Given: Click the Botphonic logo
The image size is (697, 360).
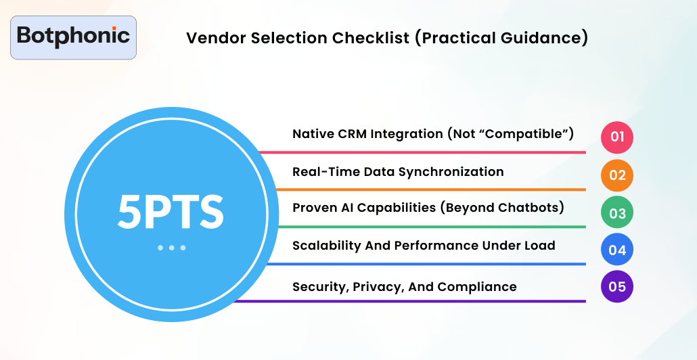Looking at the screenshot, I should [74, 37].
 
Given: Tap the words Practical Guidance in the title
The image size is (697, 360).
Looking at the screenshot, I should [501, 38].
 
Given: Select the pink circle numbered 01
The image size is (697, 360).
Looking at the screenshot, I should [617, 137].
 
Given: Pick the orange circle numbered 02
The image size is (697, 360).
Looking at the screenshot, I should [617, 175].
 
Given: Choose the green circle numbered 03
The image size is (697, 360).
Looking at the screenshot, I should [617, 213].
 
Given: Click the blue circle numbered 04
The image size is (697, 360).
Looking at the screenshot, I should [617, 250].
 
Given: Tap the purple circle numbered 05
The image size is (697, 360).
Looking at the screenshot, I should [617, 287].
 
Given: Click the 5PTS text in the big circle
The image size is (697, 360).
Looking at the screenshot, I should [171, 211].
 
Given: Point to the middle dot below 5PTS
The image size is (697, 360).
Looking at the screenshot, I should [171, 248].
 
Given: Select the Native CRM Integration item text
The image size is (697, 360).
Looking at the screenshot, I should [433, 134].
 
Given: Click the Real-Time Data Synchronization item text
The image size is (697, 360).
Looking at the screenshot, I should [398, 172].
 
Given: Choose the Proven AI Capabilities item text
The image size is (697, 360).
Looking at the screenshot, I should [428, 208].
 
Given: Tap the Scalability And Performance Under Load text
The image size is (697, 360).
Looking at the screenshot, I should [424, 246].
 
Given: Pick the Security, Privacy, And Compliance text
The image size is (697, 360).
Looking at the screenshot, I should [404, 287].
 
